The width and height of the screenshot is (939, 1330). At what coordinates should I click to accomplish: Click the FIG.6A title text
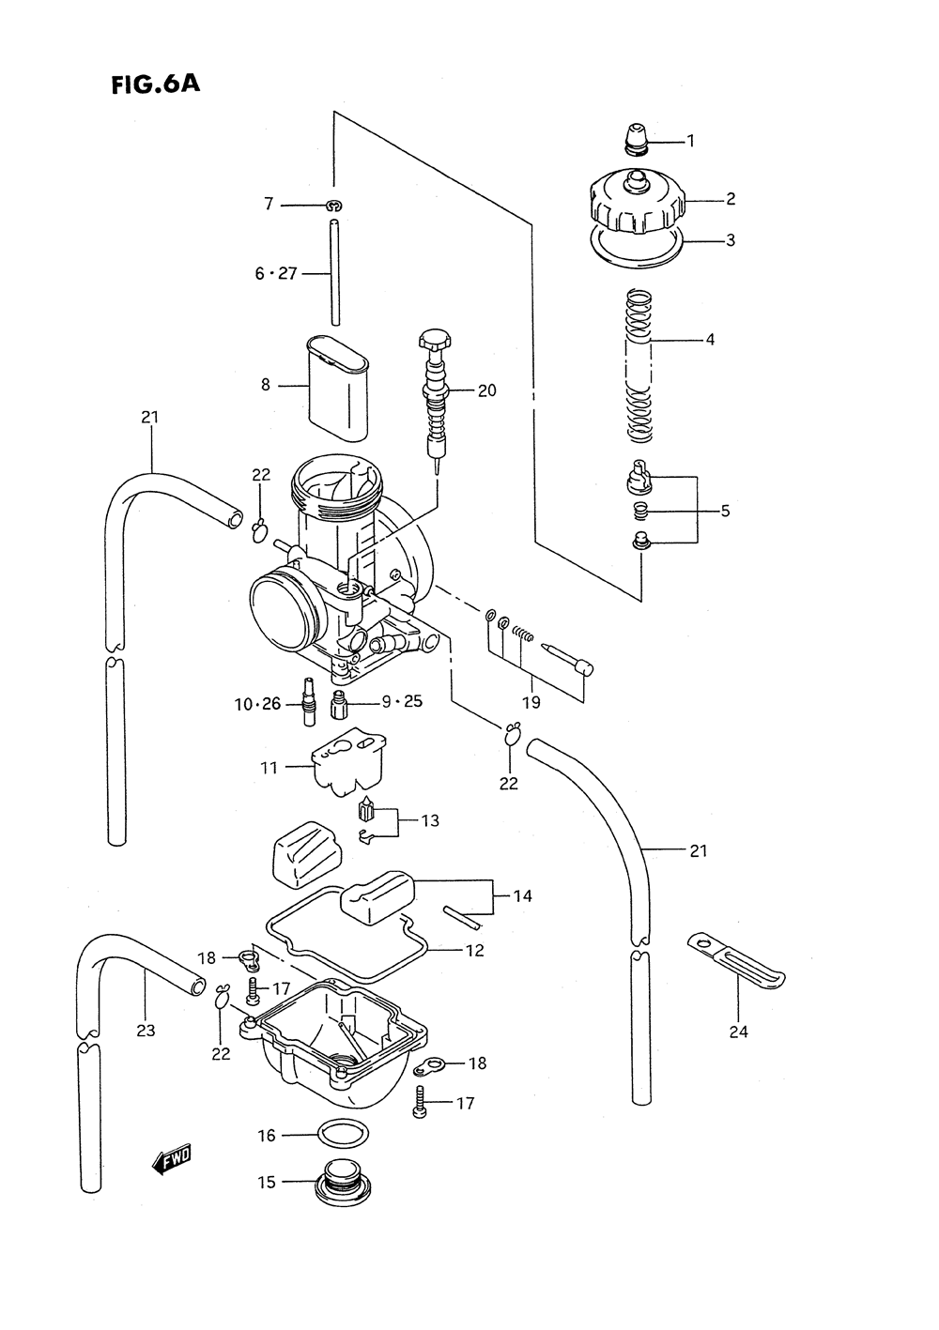(156, 84)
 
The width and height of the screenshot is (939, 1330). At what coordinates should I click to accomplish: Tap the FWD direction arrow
(172, 1158)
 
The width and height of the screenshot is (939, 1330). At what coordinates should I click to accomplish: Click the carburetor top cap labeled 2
(638, 202)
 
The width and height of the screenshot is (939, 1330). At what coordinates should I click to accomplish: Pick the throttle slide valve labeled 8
(337, 389)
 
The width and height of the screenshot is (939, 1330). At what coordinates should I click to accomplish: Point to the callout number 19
(531, 702)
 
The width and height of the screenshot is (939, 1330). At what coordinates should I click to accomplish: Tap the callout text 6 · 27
(275, 274)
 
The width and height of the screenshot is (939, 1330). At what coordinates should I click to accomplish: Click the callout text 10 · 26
(257, 705)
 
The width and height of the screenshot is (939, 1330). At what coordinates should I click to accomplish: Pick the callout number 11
(269, 768)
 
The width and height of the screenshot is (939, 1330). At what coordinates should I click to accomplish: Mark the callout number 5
(725, 511)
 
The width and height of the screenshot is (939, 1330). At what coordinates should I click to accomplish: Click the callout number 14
(522, 895)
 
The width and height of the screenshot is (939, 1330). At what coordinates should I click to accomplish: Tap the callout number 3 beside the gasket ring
(731, 240)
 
